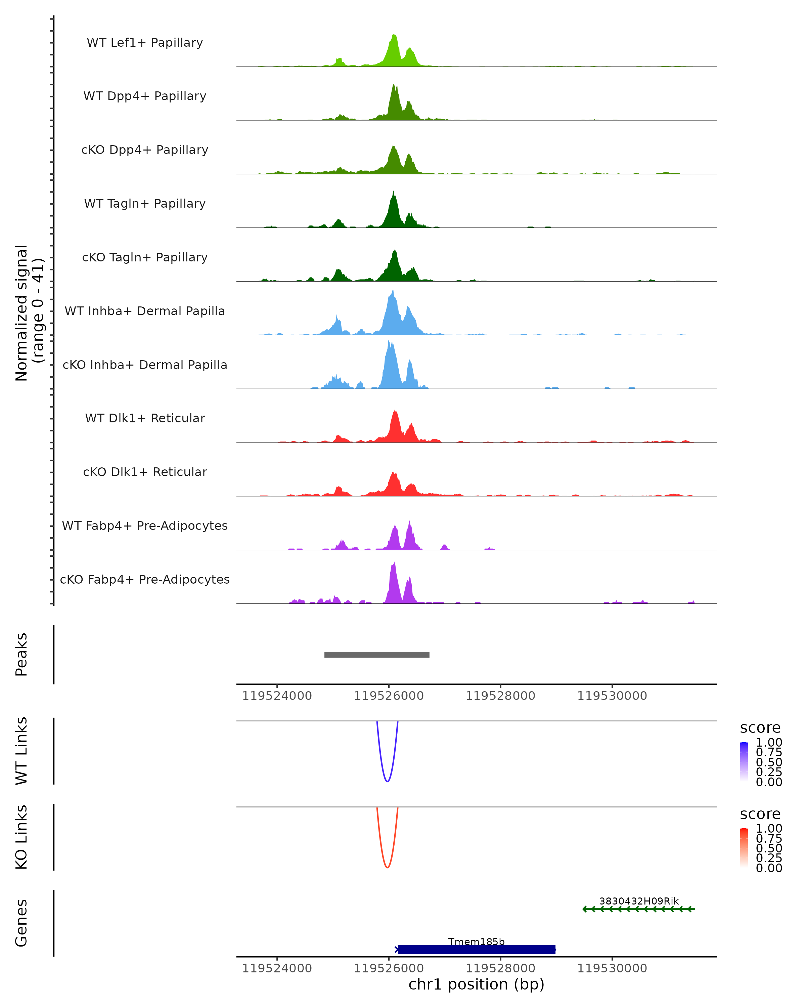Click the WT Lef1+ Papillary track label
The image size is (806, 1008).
point(145,43)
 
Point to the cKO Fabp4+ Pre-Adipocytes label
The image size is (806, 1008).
point(145,579)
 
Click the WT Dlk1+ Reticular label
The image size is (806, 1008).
point(145,418)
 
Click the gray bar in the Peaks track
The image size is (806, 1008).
point(376,655)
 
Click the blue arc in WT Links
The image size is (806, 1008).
point(387,781)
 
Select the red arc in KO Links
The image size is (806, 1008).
point(387,867)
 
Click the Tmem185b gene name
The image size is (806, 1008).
point(476,941)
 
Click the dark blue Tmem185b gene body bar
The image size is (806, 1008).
point(476,950)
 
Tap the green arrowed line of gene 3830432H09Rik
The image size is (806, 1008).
point(639,909)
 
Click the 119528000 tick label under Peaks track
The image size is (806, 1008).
point(500,696)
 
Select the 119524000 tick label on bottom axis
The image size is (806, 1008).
point(277,968)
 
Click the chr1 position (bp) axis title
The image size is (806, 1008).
point(476,984)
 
